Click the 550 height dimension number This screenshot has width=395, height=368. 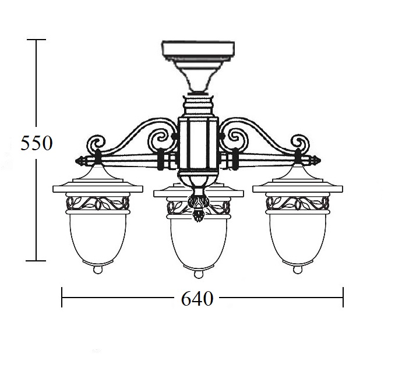coord(36,143)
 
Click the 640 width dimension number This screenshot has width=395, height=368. coord(197,299)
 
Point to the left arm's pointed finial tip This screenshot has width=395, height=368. coord(76,160)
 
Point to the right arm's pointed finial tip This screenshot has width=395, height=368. coord(320,160)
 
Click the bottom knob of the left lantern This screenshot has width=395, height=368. coord(97,270)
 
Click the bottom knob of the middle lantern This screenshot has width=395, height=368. coord(199,274)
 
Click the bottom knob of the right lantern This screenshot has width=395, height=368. coord(298,270)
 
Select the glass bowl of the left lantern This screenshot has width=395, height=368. coord(97,238)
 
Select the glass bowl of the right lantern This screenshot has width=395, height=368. coord(298,238)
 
